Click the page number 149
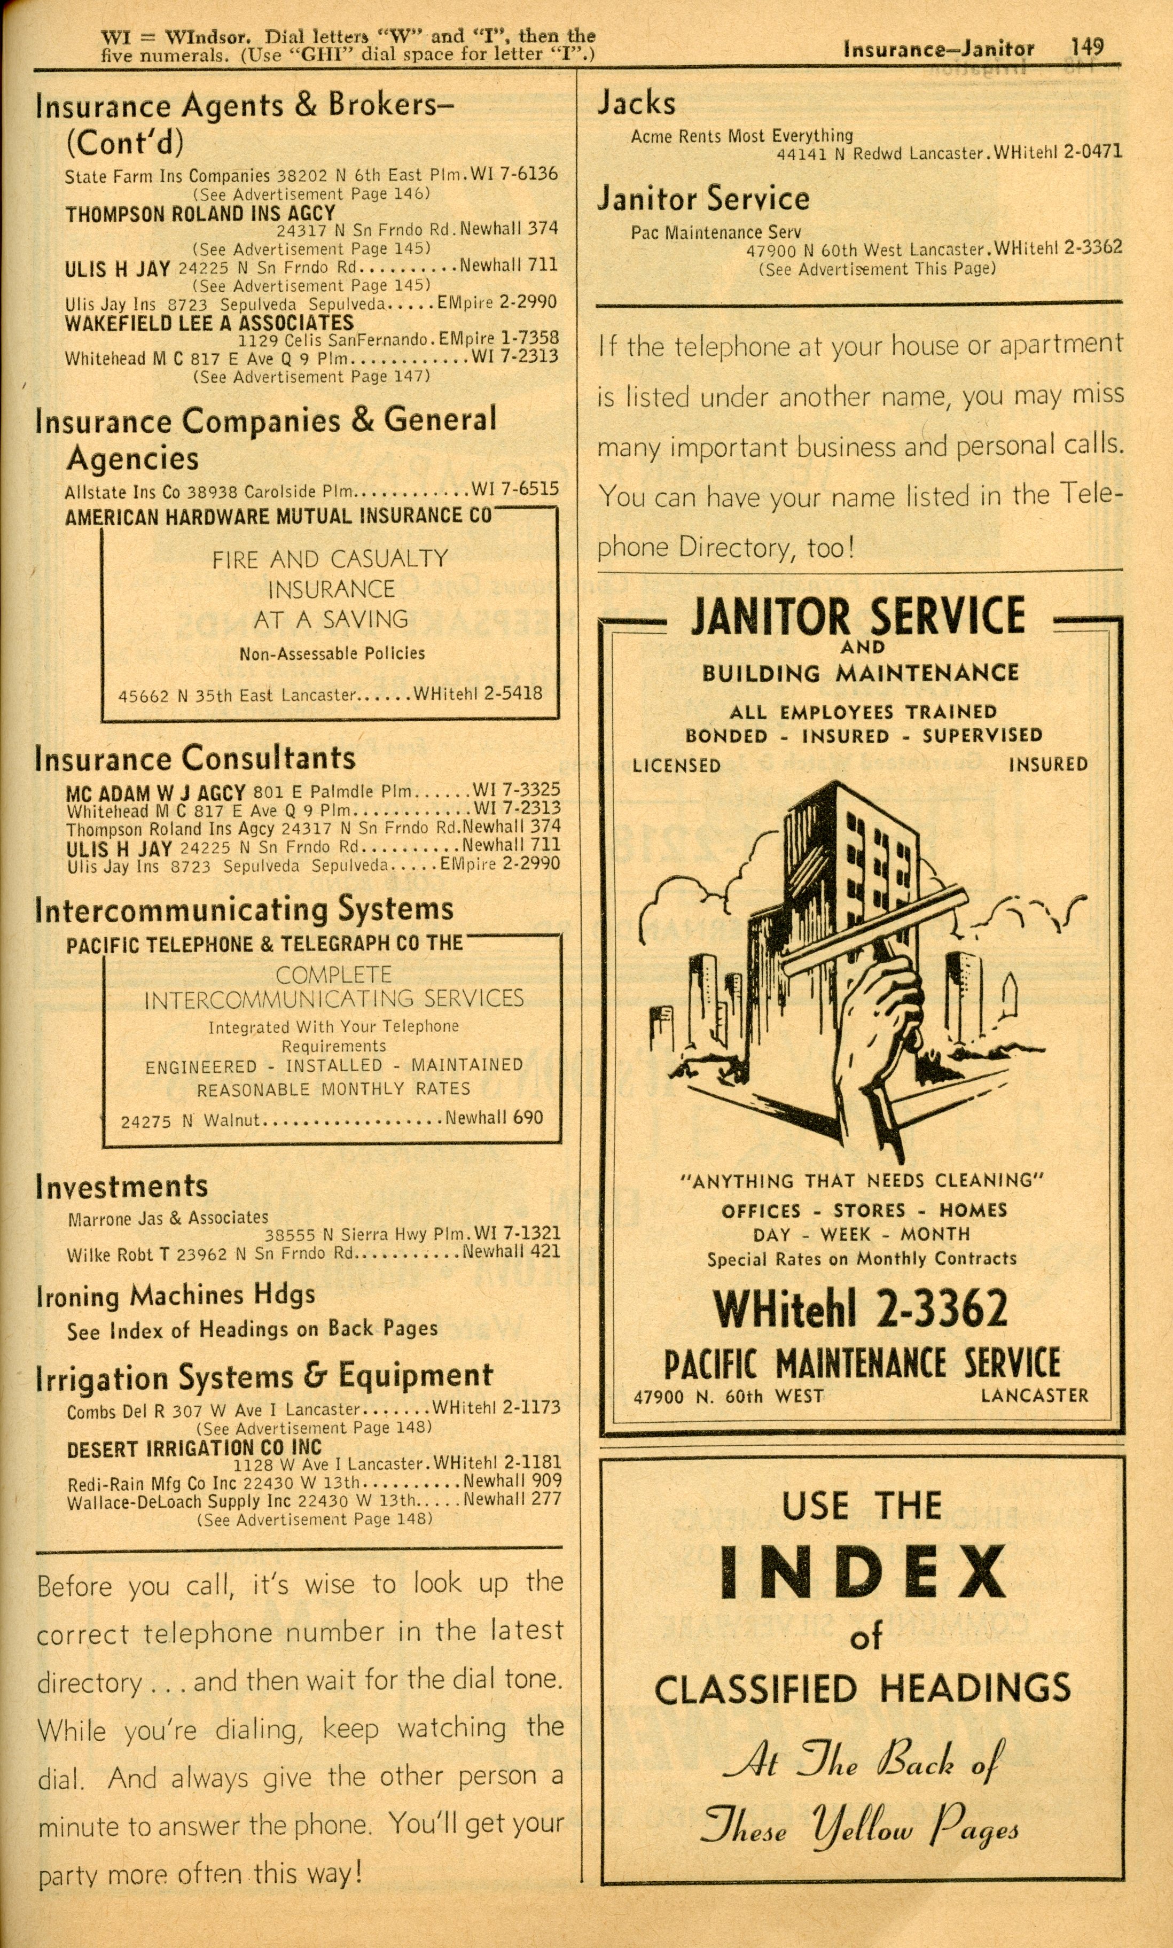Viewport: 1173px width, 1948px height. click(1087, 48)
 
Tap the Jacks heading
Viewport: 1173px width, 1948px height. click(636, 104)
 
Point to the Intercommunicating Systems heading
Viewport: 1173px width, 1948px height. click(244, 909)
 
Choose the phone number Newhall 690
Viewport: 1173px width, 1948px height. click(494, 1118)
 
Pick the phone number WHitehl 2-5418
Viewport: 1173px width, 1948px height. click(478, 694)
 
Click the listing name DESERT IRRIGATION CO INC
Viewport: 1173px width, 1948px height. click(194, 1448)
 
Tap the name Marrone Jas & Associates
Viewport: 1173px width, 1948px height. click(168, 1218)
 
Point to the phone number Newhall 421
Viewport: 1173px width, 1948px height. click(511, 1251)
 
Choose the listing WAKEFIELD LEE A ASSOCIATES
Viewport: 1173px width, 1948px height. click(209, 323)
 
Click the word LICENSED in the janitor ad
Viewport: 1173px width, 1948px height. click(677, 765)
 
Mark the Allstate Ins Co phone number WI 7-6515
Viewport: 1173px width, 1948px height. click(515, 489)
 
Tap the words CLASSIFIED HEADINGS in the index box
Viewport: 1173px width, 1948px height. click(862, 1689)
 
